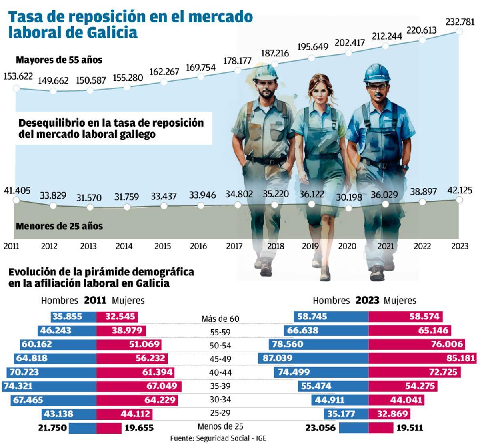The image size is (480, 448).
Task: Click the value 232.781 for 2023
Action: point(460,22)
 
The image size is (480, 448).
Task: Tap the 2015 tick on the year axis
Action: point(162,246)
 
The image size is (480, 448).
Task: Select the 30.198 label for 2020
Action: point(349,197)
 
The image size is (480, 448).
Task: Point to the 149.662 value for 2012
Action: point(53,80)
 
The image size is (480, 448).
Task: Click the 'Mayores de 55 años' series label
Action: point(59,60)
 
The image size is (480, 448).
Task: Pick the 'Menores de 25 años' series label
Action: point(59,226)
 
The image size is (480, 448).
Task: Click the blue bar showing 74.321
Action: point(49,386)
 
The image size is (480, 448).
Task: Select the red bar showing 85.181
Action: point(422,358)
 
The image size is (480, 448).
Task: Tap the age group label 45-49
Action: point(220,359)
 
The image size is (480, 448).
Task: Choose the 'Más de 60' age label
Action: point(220,319)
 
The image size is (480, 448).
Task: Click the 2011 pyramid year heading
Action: point(95,300)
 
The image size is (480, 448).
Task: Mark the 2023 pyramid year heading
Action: point(367,300)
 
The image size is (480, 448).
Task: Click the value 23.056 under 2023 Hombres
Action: point(320,428)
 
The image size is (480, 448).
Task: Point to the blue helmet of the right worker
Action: point(376,73)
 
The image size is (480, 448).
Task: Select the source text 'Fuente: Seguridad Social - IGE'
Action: point(218,438)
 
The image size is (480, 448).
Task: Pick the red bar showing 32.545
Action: point(117,317)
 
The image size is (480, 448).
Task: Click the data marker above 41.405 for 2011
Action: point(16,199)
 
